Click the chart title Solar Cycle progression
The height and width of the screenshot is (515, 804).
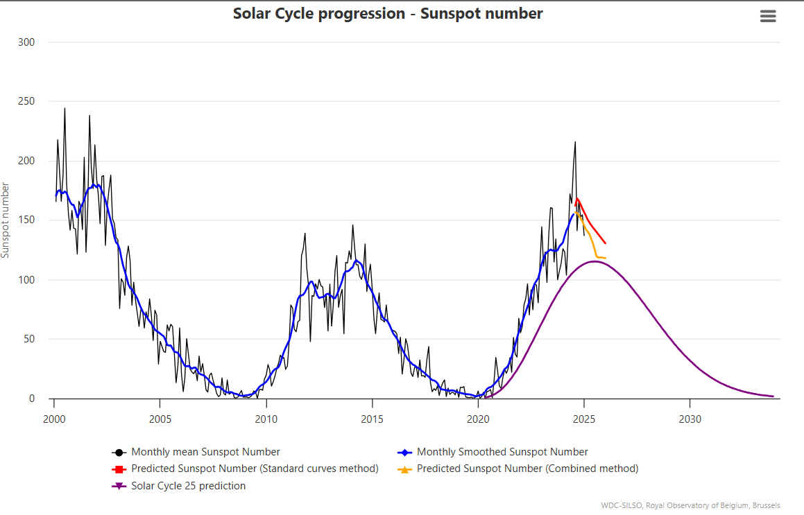point(388,13)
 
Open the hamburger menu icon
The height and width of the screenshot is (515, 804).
point(768,17)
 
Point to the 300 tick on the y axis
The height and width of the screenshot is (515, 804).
point(27,42)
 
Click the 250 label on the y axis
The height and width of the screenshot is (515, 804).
point(27,102)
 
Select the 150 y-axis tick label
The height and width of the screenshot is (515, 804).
point(27,220)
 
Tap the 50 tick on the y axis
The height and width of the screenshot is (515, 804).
point(30,340)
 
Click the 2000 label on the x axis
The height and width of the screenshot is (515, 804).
point(54,419)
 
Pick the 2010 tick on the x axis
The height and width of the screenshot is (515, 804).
point(266,419)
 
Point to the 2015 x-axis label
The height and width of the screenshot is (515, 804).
point(373,419)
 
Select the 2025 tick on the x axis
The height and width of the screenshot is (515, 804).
point(584,419)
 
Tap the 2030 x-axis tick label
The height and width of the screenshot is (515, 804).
point(690,419)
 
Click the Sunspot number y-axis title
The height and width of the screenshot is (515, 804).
point(6,220)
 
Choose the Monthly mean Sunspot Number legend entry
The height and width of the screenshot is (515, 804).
point(205,452)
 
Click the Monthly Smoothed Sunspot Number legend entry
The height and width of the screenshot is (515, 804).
point(502,452)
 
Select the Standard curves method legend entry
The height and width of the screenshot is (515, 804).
point(255,469)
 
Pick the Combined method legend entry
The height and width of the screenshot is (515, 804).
point(527,469)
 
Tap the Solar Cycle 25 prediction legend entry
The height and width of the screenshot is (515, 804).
point(188,486)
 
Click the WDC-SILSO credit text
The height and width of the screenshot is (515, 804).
point(690,505)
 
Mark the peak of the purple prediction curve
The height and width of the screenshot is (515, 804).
point(595,261)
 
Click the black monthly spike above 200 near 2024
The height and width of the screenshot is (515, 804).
point(575,143)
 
